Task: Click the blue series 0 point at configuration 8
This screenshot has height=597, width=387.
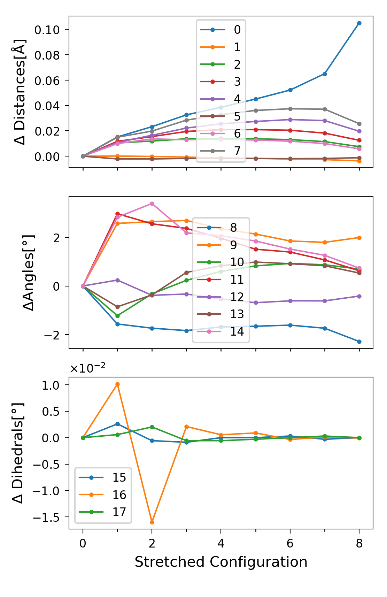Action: tap(359, 23)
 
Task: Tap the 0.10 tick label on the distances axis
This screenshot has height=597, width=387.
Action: tap(47, 30)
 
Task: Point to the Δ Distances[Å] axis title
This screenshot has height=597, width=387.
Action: tap(20, 92)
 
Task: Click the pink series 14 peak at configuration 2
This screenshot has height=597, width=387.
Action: tap(152, 204)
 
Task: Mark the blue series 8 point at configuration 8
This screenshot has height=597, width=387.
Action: tap(359, 342)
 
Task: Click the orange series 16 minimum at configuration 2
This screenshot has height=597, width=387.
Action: tap(152, 522)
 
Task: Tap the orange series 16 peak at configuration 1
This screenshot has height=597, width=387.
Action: tap(117, 384)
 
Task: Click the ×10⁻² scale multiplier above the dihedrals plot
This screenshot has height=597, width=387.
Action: tap(88, 368)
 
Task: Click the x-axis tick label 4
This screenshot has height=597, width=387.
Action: tap(221, 543)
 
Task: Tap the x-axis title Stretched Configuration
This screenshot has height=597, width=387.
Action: tap(221, 562)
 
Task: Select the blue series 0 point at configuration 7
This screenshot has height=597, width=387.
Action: tap(325, 74)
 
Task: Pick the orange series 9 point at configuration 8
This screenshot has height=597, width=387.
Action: tap(359, 238)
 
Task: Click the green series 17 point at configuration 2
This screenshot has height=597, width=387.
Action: tap(152, 427)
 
